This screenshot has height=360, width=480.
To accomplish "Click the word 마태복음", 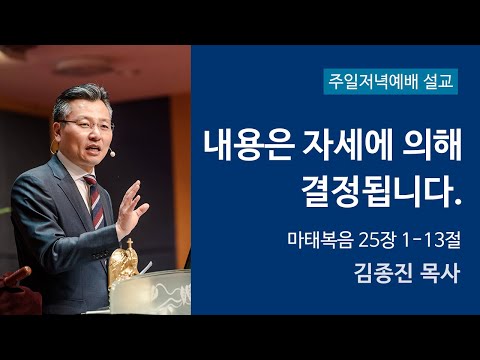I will coord(313,241).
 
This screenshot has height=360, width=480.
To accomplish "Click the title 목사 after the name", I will coord(438,273).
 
